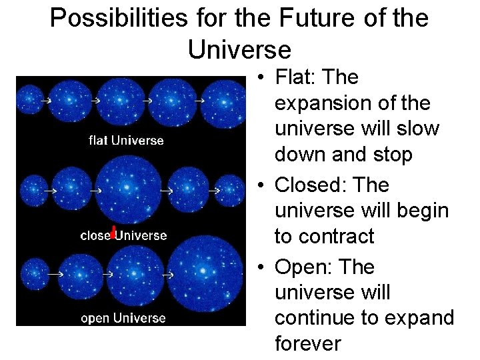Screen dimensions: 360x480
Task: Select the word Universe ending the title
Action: point(239,50)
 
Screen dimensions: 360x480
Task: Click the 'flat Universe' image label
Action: point(126,141)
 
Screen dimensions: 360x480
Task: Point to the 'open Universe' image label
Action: point(123,318)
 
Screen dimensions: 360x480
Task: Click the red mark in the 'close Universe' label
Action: point(114,232)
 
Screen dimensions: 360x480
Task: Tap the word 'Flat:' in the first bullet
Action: point(296,77)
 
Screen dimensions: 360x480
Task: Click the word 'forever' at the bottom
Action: point(307,343)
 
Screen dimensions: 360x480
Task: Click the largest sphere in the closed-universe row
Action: point(130,189)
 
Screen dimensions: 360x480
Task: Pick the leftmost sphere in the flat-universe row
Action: point(29,100)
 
